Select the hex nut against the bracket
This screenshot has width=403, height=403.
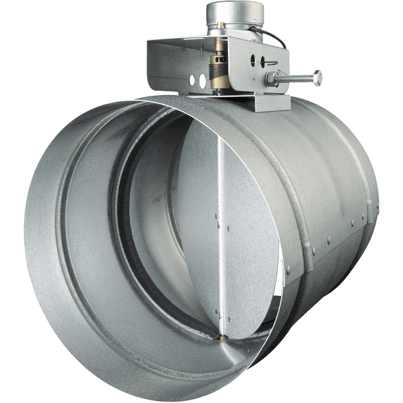(271, 79)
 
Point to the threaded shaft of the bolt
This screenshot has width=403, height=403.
(296, 77)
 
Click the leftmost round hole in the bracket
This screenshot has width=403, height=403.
(193, 81)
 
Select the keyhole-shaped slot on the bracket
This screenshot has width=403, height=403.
(264, 62)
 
